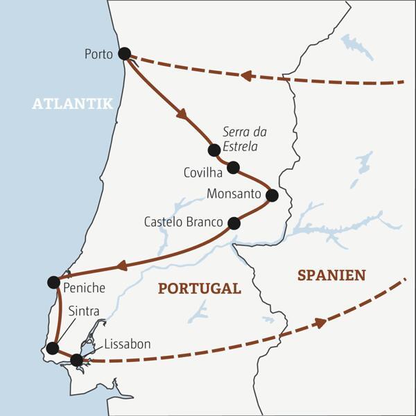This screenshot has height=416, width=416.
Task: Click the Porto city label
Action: coord(98,54)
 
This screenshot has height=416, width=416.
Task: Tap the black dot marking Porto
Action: coord(125,53)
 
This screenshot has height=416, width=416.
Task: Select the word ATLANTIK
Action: coord(72,103)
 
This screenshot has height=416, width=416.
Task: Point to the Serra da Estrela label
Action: coord(245,139)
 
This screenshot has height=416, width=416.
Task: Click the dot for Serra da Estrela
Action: coord(214,150)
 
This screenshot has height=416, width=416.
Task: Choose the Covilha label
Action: coord(203,171)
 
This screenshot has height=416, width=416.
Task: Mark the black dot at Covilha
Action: coord(233,167)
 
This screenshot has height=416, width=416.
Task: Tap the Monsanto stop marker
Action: coord(272,196)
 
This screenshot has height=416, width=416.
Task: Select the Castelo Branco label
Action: coord(183,223)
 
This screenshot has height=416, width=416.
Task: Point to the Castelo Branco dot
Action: coord(234,223)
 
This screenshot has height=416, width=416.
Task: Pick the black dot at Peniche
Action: coord(53,281)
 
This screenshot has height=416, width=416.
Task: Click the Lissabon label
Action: coord(127,344)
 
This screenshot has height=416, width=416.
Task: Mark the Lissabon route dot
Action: coord(77,360)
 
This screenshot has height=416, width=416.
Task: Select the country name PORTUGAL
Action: coord(199,288)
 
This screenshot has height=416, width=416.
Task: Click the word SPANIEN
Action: coord(331,275)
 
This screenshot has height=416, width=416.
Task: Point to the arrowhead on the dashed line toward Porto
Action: coord(245,75)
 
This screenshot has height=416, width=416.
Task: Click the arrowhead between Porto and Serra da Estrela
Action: coord(182,114)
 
